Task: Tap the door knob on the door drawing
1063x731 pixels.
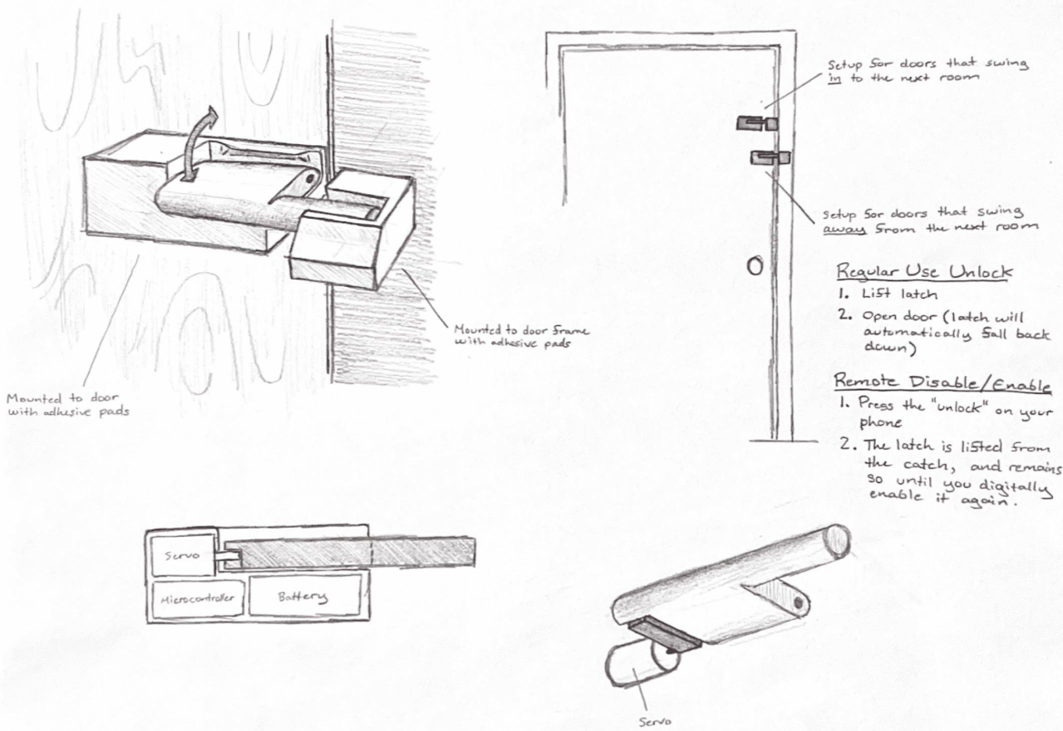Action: coord(755,266)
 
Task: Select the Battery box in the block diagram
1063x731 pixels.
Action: coord(304,596)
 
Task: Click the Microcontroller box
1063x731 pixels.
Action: coord(198,598)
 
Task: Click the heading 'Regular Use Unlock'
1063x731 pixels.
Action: coord(924,272)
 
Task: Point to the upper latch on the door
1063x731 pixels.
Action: coord(757,123)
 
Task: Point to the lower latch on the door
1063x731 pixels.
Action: coord(770,158)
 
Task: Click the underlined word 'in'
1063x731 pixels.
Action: coord(834,79)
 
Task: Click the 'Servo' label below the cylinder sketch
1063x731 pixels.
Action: coord(655,721)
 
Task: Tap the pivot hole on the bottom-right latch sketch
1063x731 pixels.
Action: coord(799,603)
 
